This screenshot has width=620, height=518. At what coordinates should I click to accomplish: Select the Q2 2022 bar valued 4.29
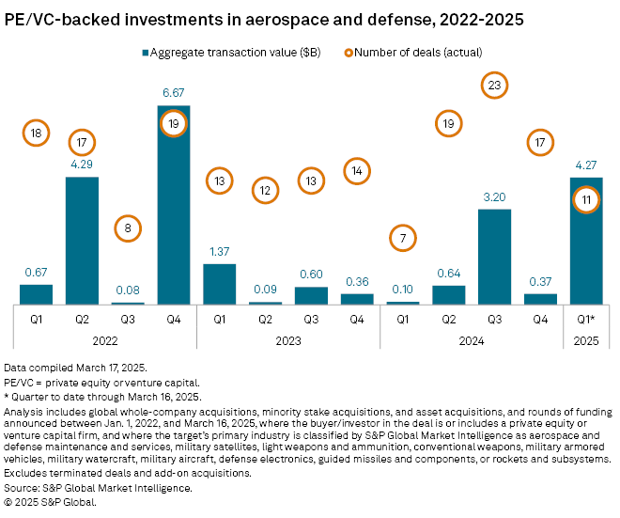pos(82,240)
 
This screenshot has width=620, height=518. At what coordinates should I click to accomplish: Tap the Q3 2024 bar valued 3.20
pos(494,256)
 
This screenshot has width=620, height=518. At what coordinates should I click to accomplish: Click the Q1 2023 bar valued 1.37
pos(220,283)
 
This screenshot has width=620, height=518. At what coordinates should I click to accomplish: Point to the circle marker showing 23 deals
pos(494,85)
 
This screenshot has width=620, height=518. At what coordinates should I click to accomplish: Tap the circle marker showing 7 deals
pos(403,238)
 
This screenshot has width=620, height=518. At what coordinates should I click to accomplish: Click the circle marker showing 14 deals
pos(357,170)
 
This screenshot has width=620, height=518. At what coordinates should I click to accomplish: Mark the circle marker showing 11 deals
pos(586,199)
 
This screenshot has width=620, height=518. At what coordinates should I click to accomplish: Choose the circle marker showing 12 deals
pos(265,191)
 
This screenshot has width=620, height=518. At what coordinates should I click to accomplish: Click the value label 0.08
pos(128,291)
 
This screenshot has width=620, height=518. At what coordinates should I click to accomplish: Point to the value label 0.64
pos(448,274)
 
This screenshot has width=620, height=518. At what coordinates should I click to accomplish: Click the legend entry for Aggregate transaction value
pos(233,53)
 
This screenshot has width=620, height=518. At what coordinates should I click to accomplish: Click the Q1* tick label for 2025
pos(586,318)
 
